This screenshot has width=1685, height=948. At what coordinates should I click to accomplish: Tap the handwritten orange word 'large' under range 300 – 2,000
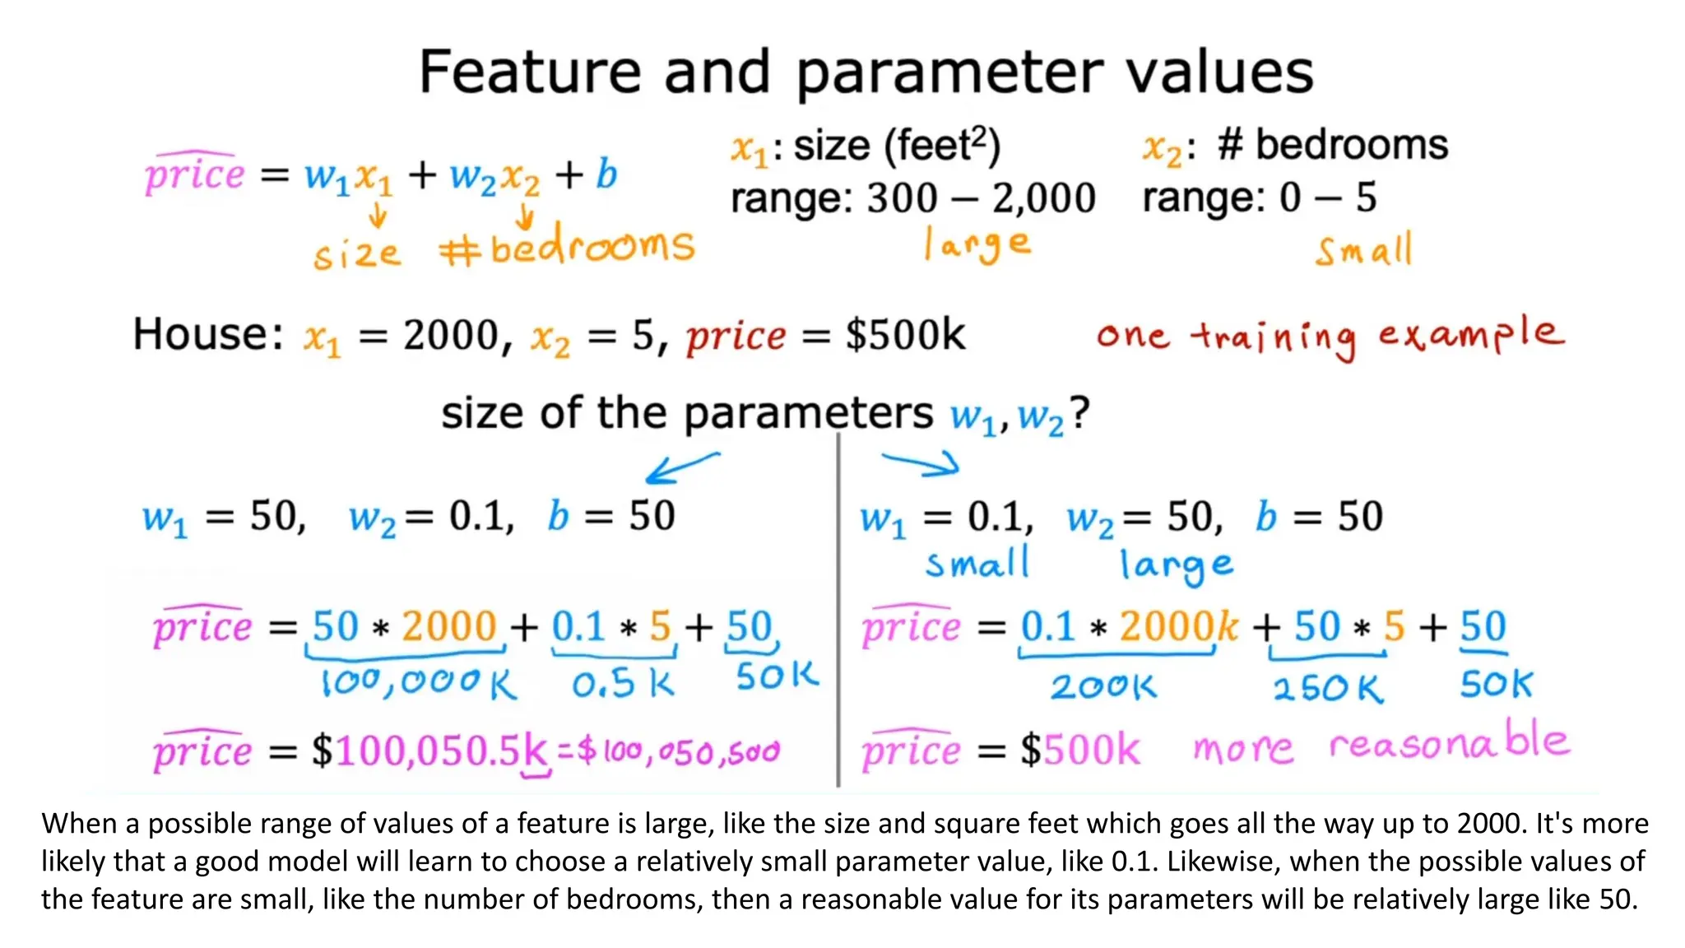(977, 244)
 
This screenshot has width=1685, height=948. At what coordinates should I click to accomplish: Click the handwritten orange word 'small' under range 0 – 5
(1363, 250)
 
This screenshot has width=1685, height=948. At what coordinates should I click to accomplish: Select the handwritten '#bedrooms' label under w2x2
(567, 247)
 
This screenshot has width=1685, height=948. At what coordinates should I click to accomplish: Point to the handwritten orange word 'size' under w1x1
(357, 254)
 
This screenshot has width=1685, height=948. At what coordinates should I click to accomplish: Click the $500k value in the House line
(905, 335)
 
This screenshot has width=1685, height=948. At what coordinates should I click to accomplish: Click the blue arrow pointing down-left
(681, 467)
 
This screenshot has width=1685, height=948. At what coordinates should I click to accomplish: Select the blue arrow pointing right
(921, 464)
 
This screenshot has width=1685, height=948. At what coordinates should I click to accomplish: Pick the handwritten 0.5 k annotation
(623, 683)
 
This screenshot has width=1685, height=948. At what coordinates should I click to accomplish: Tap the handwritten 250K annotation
(1328, 688)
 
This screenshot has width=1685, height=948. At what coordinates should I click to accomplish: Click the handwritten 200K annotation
(1104, 686)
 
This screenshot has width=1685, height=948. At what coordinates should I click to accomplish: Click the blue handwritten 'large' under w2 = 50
(1177, 566)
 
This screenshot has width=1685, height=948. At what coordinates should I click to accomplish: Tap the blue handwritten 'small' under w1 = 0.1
(977, 565)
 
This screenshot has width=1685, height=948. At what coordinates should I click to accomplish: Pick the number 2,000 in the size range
(1043, 198)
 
